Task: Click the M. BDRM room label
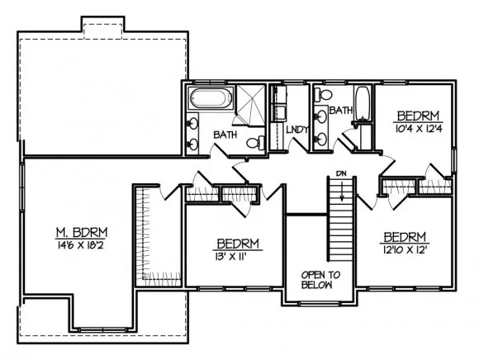[x=82, y=233]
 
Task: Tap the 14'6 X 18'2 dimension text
[x=80, y=245]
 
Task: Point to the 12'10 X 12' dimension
[x=405, y=250]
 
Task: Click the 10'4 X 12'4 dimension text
[x=419, y=129]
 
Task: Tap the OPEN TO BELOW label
[x=320, y=280]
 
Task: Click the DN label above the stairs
[x=342, y=173]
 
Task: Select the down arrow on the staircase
[x=342, y=191]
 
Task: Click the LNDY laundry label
[x=297, y=130]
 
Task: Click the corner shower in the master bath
[x=250, y=105]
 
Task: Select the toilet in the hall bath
[x=323, y=94]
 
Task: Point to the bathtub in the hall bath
[x=363, y=103]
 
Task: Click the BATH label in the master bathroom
[x=225, y=135]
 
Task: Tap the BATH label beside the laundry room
[x=341, y=110]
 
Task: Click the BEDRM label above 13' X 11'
[x=238, y=244]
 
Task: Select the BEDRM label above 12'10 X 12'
[x=405, y=237]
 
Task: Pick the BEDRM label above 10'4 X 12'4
[x=418, y=116]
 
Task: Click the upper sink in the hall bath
[x=320, y=116]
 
